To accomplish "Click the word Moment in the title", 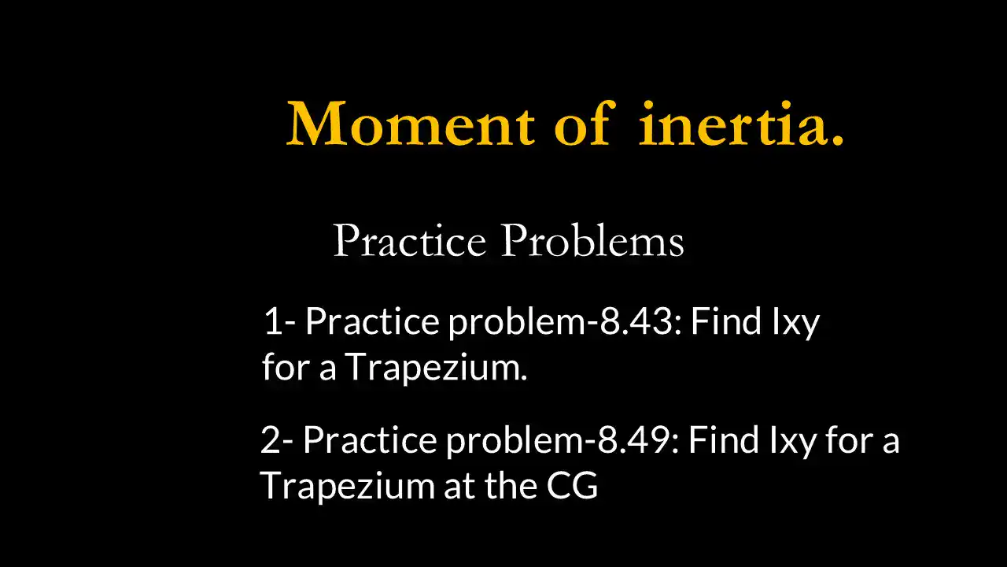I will (x=411, y=124).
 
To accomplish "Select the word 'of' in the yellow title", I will (x=581, y=124).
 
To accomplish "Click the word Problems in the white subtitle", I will (x=592, y=241).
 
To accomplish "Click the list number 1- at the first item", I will (x=279, y=322).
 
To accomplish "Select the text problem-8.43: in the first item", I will (x=566, y=322).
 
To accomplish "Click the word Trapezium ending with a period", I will (x=436, y=368).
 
